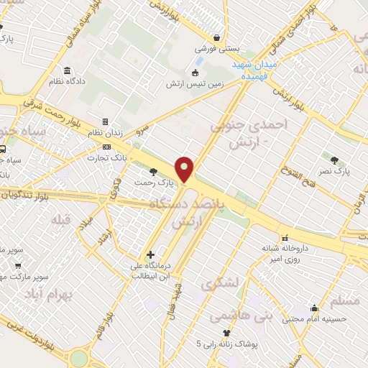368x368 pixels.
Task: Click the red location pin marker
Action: point(185,168)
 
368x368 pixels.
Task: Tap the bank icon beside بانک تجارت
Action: point(106,147)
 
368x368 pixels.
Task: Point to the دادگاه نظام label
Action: point(67,82)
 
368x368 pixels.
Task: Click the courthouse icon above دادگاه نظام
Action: point(67,70)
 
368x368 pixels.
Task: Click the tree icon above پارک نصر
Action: point(335,160)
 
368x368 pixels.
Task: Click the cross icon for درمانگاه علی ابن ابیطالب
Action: point(149,254)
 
